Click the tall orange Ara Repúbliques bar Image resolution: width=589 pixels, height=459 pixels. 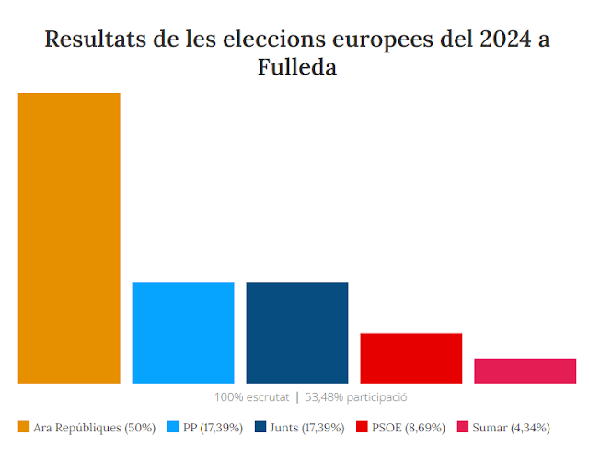(x=69, y=237)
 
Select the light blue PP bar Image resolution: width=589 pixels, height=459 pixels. (x=183, y=332)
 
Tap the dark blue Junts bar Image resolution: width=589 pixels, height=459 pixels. (x=297, y=332)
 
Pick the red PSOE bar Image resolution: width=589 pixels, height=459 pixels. (x=410, y=358)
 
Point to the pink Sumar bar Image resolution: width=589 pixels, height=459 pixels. (x=525, y=371)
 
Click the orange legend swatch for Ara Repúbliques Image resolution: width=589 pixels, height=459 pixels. (x=23, y=427)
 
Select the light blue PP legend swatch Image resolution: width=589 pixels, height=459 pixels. (x=173, y=427)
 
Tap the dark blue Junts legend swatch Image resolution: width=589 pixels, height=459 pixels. (x=260, y=427)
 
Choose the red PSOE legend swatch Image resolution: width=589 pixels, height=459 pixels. (x=362, y=427)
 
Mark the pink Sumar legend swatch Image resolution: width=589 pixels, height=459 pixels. (x=464, y=427)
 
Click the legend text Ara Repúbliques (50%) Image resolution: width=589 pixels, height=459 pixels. (x=94, y=427)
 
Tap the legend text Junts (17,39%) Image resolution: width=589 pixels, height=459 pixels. (x=307, y=427)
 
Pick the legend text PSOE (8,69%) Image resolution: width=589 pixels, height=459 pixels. (x=410, y=427)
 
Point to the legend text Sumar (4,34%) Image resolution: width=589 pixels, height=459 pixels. (x=512, y=427)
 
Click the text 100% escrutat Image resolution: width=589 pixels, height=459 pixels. (x=251, y=397)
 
